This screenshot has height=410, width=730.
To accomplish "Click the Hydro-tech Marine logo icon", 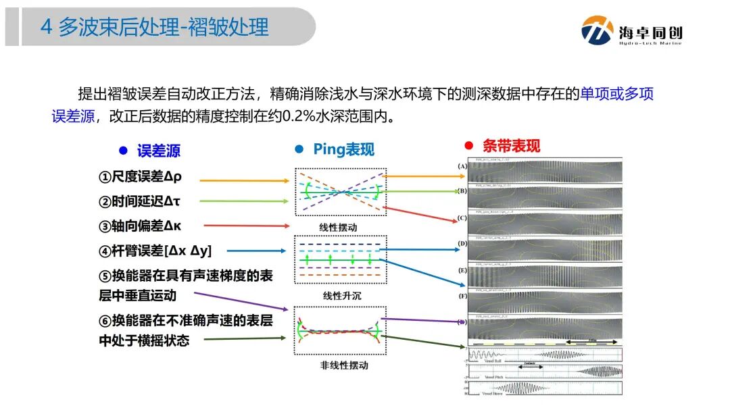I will click(598, 30).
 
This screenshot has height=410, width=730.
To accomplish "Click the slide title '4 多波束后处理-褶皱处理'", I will click(155, 27).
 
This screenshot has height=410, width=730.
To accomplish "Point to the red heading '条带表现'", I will click(511, 146).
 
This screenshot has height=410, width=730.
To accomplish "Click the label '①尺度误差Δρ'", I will click(140, 177).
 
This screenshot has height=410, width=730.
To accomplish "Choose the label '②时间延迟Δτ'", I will click(139, 201).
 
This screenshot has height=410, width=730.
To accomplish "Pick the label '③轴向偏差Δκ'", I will click(140, 226).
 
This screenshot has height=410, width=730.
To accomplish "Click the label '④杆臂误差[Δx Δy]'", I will click(155, 251).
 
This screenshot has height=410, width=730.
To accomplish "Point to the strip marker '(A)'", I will click(462, 165).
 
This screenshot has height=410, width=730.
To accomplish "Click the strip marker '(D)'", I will click(462, 242).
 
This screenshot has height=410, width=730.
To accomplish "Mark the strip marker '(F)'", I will click(462, 296).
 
